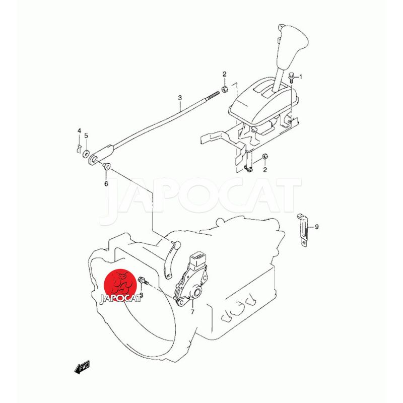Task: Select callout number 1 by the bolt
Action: tap(301, 77)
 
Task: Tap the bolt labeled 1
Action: tap(291, 78)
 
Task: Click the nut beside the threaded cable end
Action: tap(224, 90)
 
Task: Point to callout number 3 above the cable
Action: tap(180, 98)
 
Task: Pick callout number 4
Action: tap(80, 131)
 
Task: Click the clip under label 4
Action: tap(79, 149)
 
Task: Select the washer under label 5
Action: tap(86, 154)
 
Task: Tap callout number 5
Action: tap(86, 136)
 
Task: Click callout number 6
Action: tap(106, 184)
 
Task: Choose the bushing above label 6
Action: tap(106, 166)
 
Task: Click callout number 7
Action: tap(192, 312)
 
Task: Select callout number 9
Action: tap(317, 227)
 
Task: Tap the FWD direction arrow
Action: tap(82, 367)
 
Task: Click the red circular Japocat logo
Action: tap(120, 286)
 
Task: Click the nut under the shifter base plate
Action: tap(264, 157)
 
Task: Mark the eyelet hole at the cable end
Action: tap(94, 159)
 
